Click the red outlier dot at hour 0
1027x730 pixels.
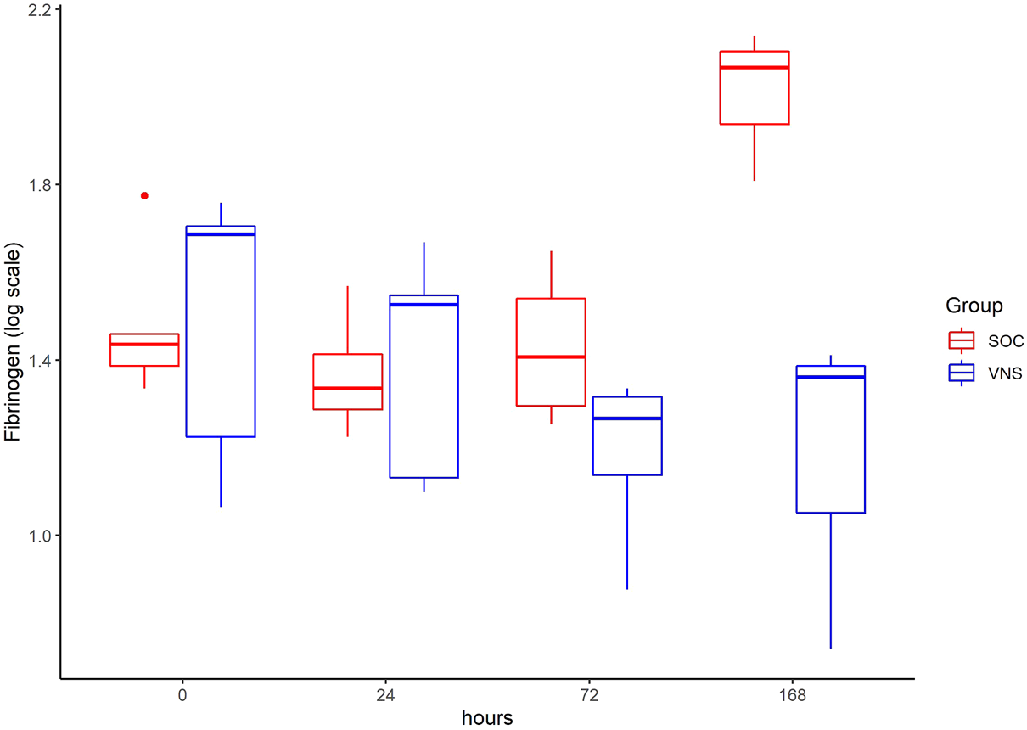click(144, 195)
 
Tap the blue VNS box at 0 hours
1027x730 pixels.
click(221, 331)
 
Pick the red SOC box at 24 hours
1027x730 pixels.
click(348, 381)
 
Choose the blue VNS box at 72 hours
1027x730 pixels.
click(627, 435)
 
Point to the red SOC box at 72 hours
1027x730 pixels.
click(551, 351)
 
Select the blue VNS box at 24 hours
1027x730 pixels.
click(424, 386)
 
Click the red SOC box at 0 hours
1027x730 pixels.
click(144, 350)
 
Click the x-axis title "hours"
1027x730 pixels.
click(487, 718)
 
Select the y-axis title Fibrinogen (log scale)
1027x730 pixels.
click(13, 344)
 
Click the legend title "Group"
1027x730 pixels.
click(974, 306)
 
